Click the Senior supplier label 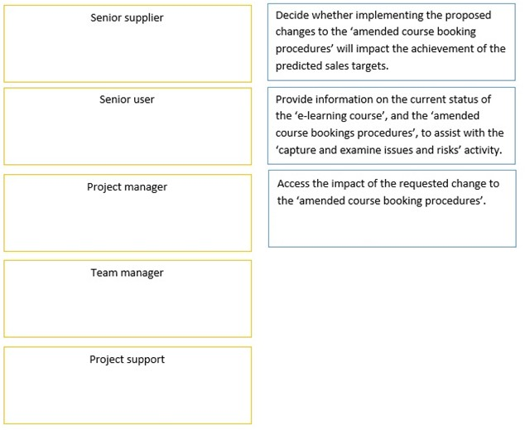[127, 18]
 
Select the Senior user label [127, 99]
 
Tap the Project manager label [127, 187]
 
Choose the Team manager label [127, 273]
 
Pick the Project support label [127, 360]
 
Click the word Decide [292, 16]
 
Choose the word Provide [295, 99]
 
